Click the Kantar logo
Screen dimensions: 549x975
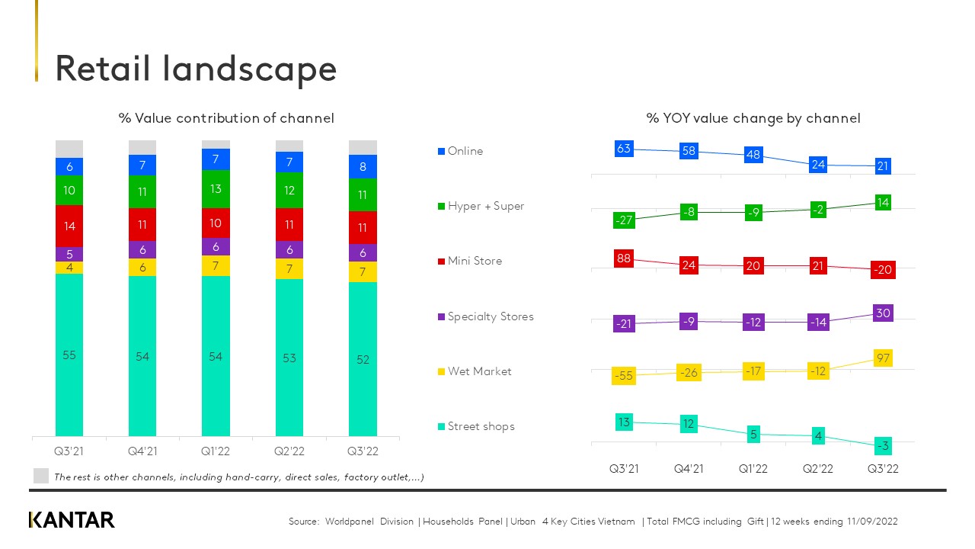(x=72, y=520)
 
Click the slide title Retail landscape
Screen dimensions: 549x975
(x=196, y=69)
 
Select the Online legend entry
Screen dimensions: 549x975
(x=465, y=151)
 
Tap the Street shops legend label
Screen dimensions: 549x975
(x=481, y=426)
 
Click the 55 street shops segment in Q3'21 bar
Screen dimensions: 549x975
(x=69, y=355)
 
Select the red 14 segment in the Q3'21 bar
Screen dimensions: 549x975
(x=69, y=226)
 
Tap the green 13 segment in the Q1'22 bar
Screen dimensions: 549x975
(x=216, y=188)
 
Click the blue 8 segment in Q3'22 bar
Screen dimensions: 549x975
(x=363, y=166)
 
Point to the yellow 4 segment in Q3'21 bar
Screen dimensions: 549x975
(x=69, y=268)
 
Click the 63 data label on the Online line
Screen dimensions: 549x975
(x=624, y=149)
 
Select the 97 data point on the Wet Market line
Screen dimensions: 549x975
(x=883, y=358)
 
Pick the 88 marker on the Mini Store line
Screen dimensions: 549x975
(x=624, y=258)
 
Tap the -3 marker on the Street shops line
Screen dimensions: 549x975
(x=883, y=445)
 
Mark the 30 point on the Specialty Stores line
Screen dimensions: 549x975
(x=883, y=313)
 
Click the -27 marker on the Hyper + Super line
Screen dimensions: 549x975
(x=624, y=220)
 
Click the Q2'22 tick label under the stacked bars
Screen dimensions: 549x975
(x=289, y=451)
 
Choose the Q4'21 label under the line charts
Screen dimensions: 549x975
(x=689, y=469)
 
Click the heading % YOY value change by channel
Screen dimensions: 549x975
(x=753, y=118)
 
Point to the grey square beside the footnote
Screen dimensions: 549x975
(x=41, y=476)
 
